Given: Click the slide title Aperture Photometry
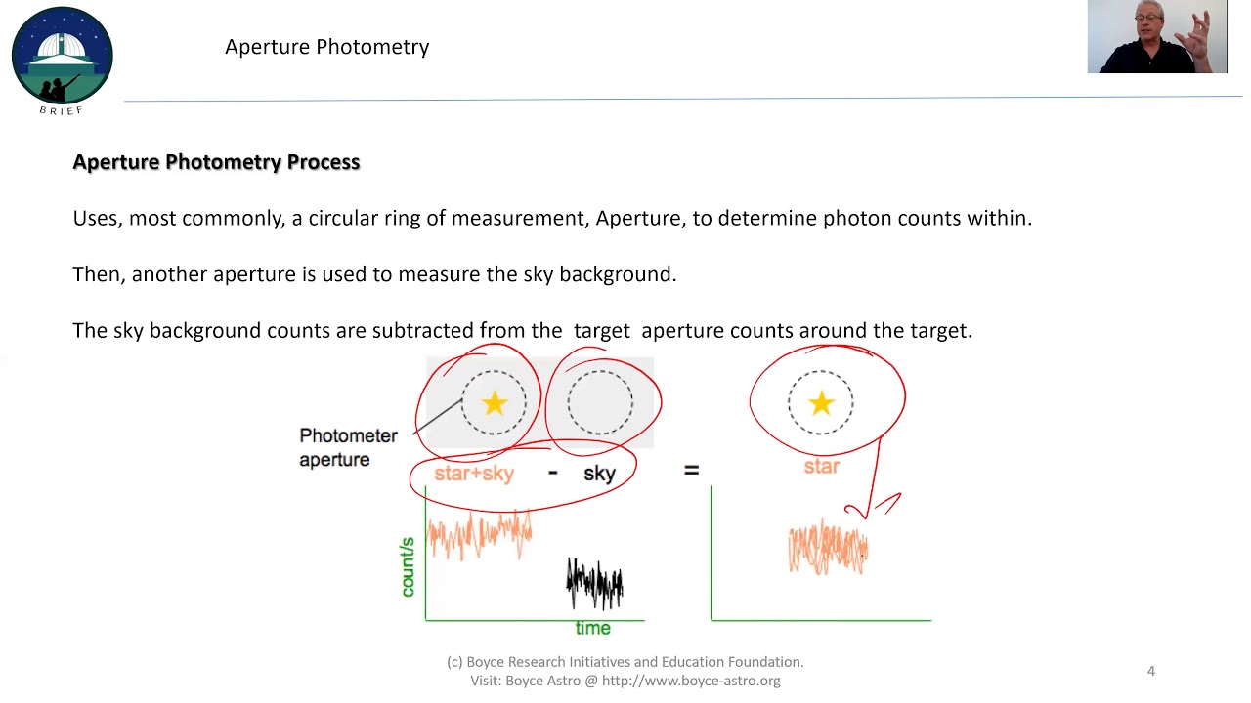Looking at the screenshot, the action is click(x=326, y=47).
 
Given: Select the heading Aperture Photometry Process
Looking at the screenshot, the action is click(x=216, y=162).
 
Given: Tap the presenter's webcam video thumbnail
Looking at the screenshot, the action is click(x=1156, y=36).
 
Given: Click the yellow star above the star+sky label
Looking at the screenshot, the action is click(x=495, y=403).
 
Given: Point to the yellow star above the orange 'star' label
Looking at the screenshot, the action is click(x=821, y=403).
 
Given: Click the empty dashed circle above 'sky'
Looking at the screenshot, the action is click(x=600, y=402).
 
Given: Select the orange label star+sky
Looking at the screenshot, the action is click(x=474, y=474).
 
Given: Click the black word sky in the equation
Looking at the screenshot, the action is click(x=599, y=474).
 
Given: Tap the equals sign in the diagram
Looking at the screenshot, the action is click(x=691, y=471).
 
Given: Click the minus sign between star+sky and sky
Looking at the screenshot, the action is click(x=553, y=473).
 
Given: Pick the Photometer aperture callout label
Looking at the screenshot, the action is click(x=348, y=447).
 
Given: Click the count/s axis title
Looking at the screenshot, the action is click(x=409, y=567).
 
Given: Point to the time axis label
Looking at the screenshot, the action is click(x=593, y=628).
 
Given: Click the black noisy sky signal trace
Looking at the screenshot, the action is click(x=594, y=584).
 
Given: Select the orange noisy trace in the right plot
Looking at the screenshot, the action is click(x=828, y=548).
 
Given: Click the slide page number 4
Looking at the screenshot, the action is click(x=1151, y=671).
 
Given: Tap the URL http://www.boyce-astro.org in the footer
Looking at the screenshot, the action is click(x=691, y=681).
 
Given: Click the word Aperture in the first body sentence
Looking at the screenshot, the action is click(x=640, y=218).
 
